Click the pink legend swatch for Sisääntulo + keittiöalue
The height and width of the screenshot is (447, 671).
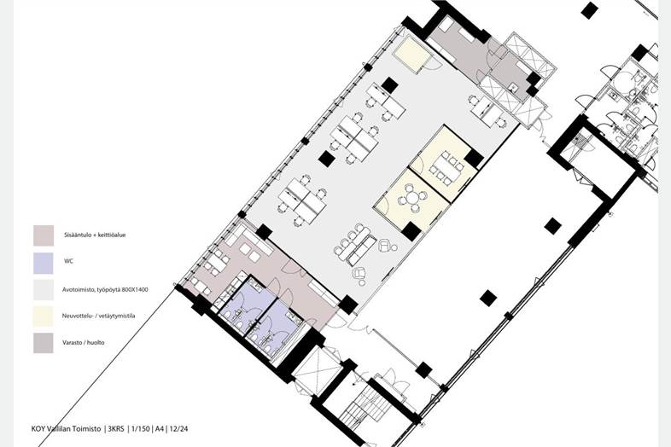pyautogui.click(x=44, y=235)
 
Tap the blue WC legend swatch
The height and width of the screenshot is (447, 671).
pyautogui.click(x=44, y=263)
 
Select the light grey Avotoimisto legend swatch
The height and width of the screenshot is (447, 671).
pyautogui.click(x=44, y=290)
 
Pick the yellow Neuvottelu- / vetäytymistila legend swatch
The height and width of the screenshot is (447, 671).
pyautogui.click(x=44, y=316)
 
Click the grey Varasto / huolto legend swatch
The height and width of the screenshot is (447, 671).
pyautogui.click(x=44, y=343)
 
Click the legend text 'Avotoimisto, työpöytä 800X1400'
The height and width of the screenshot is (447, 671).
pyautogui.click(x=105, y=289)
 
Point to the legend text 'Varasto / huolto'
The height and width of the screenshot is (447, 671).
pyautogui.click(x=84, y=343)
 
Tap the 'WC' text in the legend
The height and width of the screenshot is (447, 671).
pyautogui.click(x=68, y=260)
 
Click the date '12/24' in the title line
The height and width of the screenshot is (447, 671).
pyautogui.click(x=178, y=428)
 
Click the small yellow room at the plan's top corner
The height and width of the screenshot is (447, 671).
pyautogui.click(x=412, y=55)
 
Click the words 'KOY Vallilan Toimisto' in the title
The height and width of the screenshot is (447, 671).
pyautogui.click(x=66, y=428)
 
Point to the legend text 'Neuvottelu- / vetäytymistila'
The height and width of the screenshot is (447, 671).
pyautogui.click(x=98, y=316)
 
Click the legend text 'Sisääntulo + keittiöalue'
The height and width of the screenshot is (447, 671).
pyautogui.click(x=94, y=235)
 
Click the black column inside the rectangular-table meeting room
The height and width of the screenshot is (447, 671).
pyautogui.click(x=474, y=159)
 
